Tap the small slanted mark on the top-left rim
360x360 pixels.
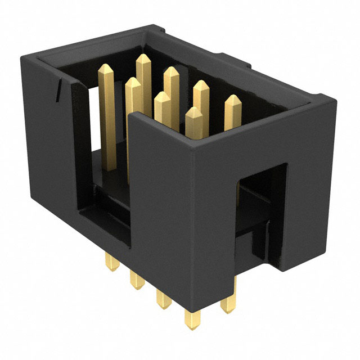click(59, 90)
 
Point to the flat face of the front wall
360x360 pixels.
click(180, 225)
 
